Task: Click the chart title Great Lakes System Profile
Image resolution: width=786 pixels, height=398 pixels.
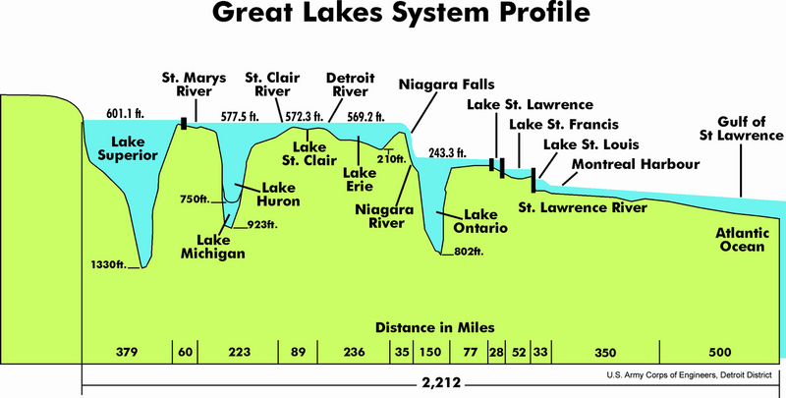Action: coord(393,18)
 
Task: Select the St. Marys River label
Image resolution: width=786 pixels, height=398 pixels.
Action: coord(194,84)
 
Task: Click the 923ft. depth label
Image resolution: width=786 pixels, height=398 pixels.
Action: coord(258,225)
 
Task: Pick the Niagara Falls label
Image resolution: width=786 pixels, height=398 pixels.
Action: coord(447,85)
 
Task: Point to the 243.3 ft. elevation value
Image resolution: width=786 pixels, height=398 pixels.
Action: coord(447,153)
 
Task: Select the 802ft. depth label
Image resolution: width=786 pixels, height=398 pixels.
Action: coord(467,253)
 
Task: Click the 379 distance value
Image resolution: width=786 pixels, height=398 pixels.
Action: coord(126,352)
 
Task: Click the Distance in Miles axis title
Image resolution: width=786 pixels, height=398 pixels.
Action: coord(433,326)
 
